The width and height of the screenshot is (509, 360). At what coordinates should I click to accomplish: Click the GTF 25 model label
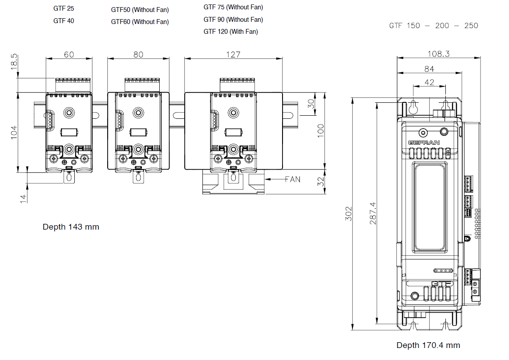(x=64, y=8)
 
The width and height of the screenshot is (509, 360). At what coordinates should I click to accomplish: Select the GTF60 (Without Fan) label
(x=140, y=22)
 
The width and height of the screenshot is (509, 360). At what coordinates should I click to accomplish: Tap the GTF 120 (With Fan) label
(x=230, y=32)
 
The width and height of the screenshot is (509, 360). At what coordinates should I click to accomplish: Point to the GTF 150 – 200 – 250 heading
(x=433, y=26)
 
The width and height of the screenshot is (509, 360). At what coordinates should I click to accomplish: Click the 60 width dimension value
(x=69, y=54)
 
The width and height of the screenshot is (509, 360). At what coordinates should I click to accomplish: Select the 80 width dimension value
(x=138, y=54)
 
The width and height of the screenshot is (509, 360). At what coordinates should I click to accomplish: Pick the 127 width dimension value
(x=233, y=54)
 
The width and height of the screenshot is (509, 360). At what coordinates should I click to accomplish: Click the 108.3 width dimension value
(x=438, y=54)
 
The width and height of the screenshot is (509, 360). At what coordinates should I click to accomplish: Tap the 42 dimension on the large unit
(x=429, y=82)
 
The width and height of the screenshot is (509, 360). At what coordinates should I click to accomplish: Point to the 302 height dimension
(x=348, y=214)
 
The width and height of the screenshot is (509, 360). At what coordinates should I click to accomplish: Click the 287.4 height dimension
(x=373, y=213)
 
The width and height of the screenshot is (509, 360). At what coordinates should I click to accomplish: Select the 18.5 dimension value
(x=14, y=61)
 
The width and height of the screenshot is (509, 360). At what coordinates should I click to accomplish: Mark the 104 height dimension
(x=14, y=132)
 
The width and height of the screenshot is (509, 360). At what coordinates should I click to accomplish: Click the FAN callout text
(x=293, y=179)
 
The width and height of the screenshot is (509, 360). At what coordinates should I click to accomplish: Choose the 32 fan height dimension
(x=320, y=182)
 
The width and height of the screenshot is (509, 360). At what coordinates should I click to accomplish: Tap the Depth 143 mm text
(x=71, y=227)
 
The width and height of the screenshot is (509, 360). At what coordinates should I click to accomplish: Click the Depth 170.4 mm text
(x=428, y=345)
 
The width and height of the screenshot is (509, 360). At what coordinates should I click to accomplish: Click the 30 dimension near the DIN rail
(x=311, y=104)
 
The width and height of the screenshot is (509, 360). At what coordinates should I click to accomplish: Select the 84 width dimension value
(x=429, y=69)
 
